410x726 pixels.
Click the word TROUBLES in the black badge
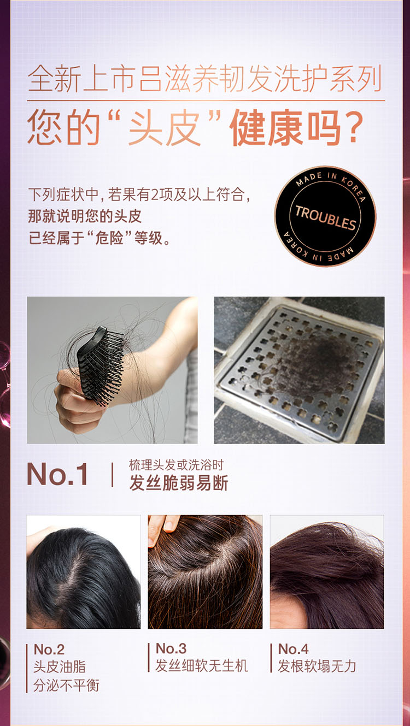(325, 217)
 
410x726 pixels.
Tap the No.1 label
(57, 474)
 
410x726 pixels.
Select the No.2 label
(49, 650)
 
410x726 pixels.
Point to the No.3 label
(171, 648)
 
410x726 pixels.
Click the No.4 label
(293, 649)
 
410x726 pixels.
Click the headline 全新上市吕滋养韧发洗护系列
(204, 79)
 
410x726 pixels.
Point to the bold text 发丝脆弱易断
(178, 483)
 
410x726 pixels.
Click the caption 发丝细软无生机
(202, 666)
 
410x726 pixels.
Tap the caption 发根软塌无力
(317, 666)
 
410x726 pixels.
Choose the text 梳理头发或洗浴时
(176, 465)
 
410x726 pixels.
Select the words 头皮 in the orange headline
(164, 127)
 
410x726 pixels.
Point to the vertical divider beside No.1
(112, 475)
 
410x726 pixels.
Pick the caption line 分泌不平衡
(67, 685)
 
